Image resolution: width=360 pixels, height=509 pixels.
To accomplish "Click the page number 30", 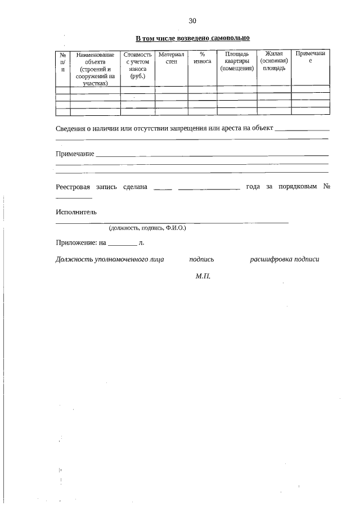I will click(192, 21).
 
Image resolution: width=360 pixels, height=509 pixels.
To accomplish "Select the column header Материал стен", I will click(172, 58).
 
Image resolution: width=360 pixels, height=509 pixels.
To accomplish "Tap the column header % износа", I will click(202, 58).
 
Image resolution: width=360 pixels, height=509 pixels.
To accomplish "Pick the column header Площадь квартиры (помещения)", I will click(237, 61).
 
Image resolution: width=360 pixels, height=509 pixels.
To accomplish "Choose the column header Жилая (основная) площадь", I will click(274, 61).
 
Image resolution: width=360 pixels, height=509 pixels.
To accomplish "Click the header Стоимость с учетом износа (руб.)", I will click(138, 65).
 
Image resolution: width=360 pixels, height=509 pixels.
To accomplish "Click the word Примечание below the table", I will click(75, 154).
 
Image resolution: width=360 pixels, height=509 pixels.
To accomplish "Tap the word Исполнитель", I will click(76, 212).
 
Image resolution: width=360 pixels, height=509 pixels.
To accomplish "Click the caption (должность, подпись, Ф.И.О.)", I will click(147, 228).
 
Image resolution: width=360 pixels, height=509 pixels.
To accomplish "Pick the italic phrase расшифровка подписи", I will click(284, 259).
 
